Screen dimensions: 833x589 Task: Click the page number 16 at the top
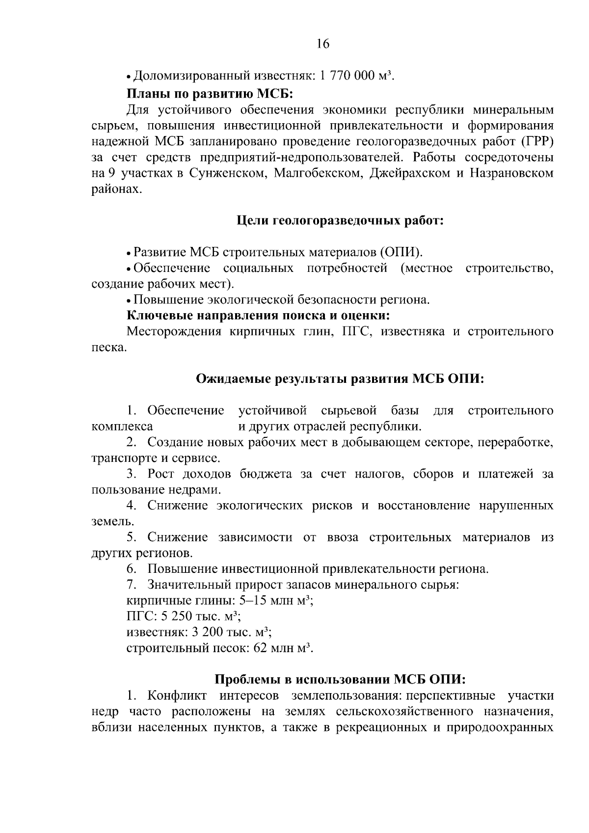(323, 44)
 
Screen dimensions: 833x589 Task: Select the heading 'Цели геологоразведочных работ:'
(340, 221)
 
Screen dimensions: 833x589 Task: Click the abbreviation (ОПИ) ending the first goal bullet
(400, 252)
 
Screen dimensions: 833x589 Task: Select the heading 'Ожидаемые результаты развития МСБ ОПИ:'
(340, 379)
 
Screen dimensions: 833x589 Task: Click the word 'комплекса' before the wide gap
(122, 426)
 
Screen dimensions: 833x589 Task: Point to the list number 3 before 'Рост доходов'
(131, 474)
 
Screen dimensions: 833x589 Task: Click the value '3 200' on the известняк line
(203, 632)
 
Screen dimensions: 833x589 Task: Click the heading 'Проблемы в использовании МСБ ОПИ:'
(340, 679)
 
